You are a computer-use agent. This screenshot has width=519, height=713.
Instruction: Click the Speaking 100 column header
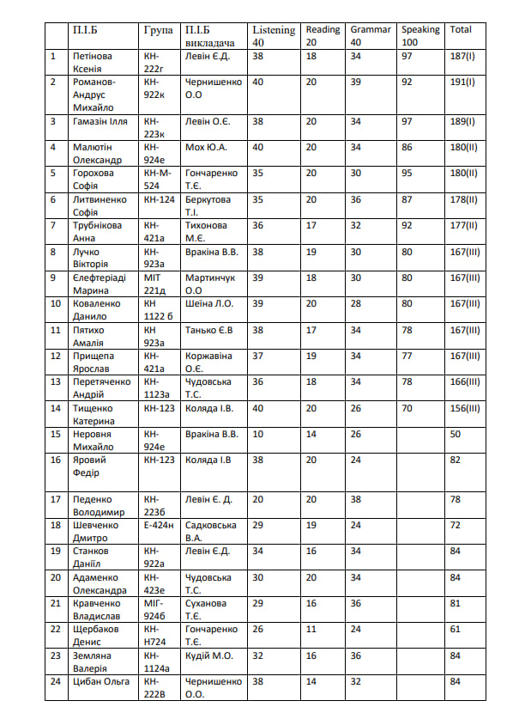420,35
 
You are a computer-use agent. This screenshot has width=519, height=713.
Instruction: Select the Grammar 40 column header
370,35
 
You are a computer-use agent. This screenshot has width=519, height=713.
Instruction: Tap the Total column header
461,29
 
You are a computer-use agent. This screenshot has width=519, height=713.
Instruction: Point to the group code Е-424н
159,524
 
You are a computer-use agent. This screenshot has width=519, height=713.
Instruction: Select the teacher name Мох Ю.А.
206,148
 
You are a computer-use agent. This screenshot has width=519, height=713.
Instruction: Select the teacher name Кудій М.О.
209,655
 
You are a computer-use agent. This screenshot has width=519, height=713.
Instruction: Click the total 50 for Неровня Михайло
456,435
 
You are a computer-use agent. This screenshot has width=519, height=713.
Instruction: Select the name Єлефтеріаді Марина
100,284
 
